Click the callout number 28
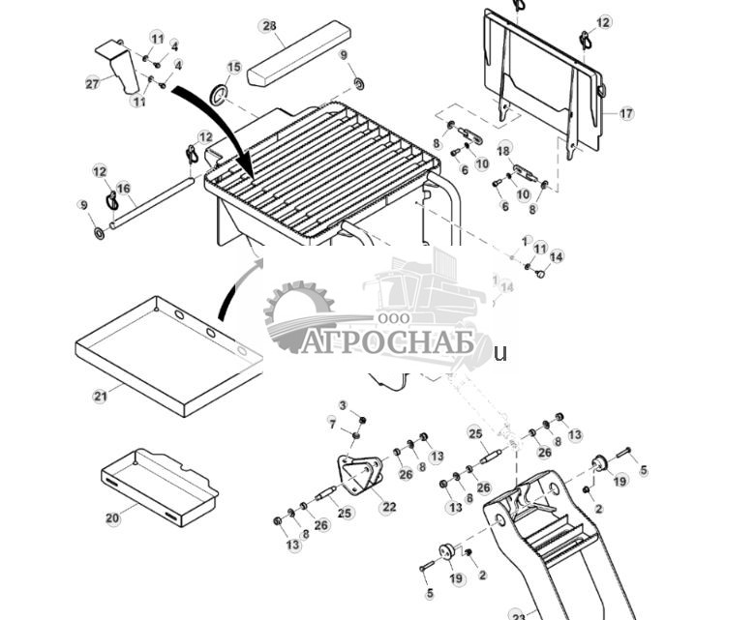pos(269,26)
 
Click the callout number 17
pos(626,113)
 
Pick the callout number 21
pos(100,396)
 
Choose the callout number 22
pos(388,507)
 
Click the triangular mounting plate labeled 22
pos(358,478)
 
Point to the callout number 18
pos(504,150)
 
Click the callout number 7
pos(332,424)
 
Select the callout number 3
pos(342,404)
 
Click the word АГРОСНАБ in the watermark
pos(387,342)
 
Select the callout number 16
pos(123,188)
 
